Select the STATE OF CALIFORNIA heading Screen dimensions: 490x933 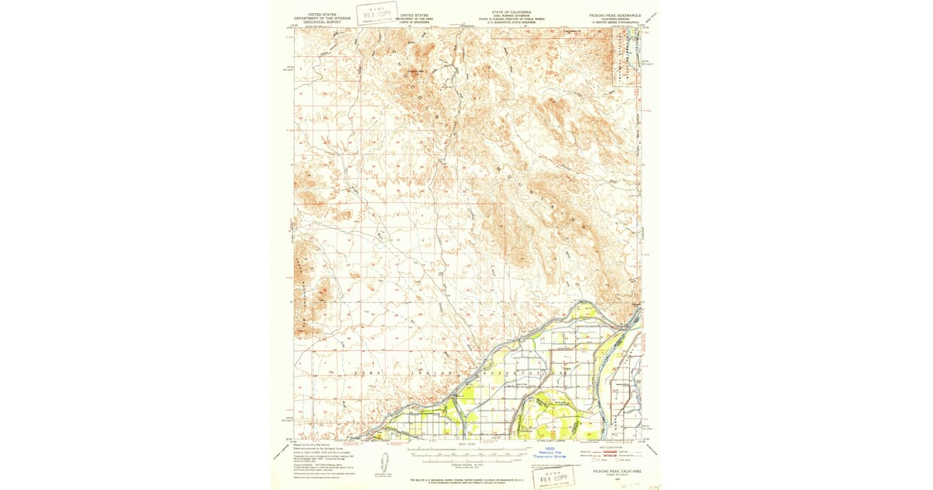coord(511,12)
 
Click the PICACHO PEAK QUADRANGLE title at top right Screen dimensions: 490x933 coord(613,14)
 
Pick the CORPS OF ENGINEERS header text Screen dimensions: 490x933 coord(414,23)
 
